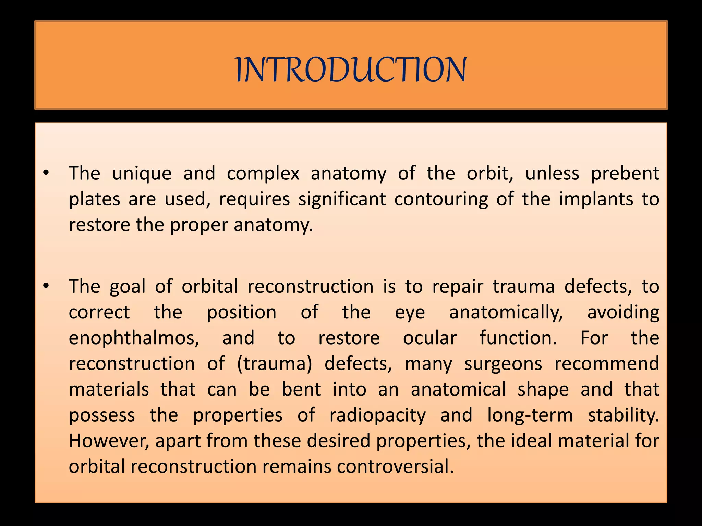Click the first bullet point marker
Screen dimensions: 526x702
pos(46,173)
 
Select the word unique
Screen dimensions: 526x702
pos(142,174)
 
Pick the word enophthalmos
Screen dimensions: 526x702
pos(134,338)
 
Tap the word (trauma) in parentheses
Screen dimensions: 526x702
pos(274,364)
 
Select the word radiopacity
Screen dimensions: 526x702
pos(377,415)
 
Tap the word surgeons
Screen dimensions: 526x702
pos(503,364)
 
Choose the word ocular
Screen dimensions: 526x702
pos(429,338)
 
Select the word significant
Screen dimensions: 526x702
pos(342,199)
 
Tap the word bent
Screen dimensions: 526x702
pos(301,389)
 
